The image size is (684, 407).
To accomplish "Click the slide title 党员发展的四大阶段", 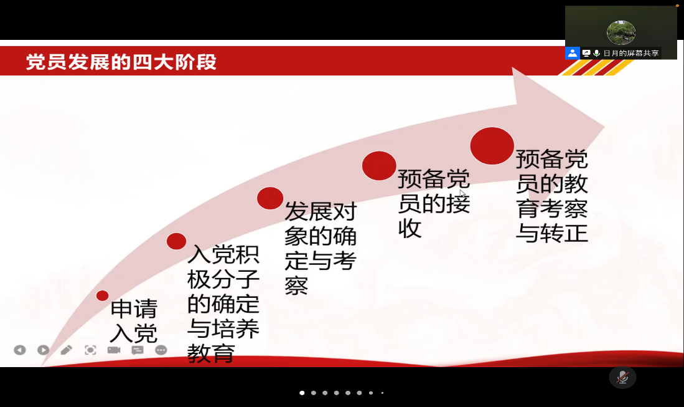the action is pyautogui.click(x=121, y=62).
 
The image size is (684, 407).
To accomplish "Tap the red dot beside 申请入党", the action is pyautogui.click(x=103, y=295).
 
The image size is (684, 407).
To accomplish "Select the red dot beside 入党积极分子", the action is pyautogui.click(x=176, y=241).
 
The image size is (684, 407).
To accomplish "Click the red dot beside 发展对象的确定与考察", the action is pyautogui.click(x=270, y=198).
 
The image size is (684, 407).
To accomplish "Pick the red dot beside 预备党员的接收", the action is pyautogui.click(x=379, y=166).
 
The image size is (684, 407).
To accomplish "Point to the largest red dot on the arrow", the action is pyautogui.click(x=492, y=146).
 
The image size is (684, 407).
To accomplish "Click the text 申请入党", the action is pyautogui.click(x=133, y=321).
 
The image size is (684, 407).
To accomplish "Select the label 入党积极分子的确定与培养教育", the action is pyautogui.click(x=223, y=304).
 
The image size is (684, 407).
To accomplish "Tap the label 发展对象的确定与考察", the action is pyautogui.click(x=321, y=248).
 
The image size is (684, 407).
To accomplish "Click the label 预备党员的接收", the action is pyautogui.click(x=434, y=203).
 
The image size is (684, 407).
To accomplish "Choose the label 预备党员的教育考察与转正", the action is pyautogui.click(x=552, y=196).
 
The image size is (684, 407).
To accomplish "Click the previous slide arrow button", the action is pyautogui.click(x=20, y=350).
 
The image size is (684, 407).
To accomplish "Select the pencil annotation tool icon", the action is pyautogui.click(x=67, y=350).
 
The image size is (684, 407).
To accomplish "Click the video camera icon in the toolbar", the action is pyautogui.click(x=114, y=350).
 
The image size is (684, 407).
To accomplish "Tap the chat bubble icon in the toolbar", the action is pyautogui.click(x=138, y=350).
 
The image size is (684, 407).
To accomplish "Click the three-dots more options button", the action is pyautogui.click(x=161, y=350).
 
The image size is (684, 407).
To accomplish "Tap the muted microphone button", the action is pyautogui.click(x=622, y=377).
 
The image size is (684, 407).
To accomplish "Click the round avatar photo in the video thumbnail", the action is pyautogui.click(x=621, y=32).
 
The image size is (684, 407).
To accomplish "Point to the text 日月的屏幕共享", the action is pyautogui.click(x=630, y=53).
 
